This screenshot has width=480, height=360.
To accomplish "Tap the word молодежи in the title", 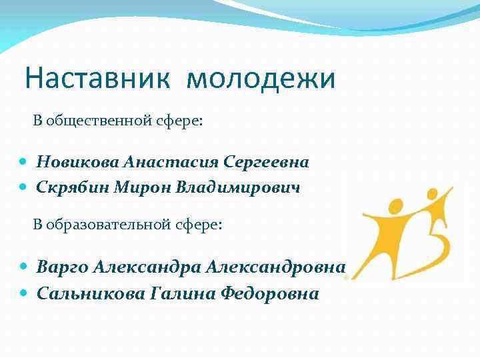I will (x=261, y=79).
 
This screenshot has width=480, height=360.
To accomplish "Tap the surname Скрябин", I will (x=67, y=188).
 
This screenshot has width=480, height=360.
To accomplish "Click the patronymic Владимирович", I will (x=238, y=188).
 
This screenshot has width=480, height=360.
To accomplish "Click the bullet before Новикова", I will (x=24, y=162).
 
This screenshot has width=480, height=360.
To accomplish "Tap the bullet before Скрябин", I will (x=24, y=188).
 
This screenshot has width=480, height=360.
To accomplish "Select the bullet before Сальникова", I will (x=24, y=293).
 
